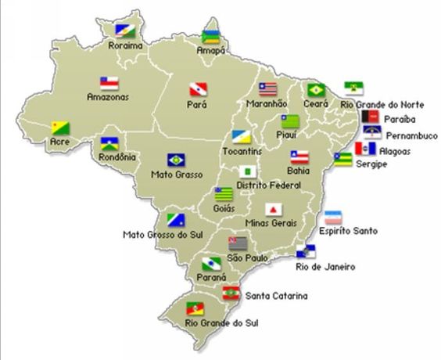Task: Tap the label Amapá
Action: pos(210,51)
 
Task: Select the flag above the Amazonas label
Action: pos(109,83)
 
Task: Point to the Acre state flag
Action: pos(59,128)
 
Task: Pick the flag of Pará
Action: pos(197,90)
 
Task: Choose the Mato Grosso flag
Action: pos(176,160)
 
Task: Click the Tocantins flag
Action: pos(241,137)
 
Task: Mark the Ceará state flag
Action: pos(316,90)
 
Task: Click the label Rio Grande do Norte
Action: pos(382,104)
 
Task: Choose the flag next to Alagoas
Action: pos(365,147)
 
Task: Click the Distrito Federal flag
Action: pos(250,171)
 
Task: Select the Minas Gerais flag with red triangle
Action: pos(273,210)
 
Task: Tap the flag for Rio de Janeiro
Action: pos(307,251)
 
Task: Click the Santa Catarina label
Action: pos(277,296)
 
